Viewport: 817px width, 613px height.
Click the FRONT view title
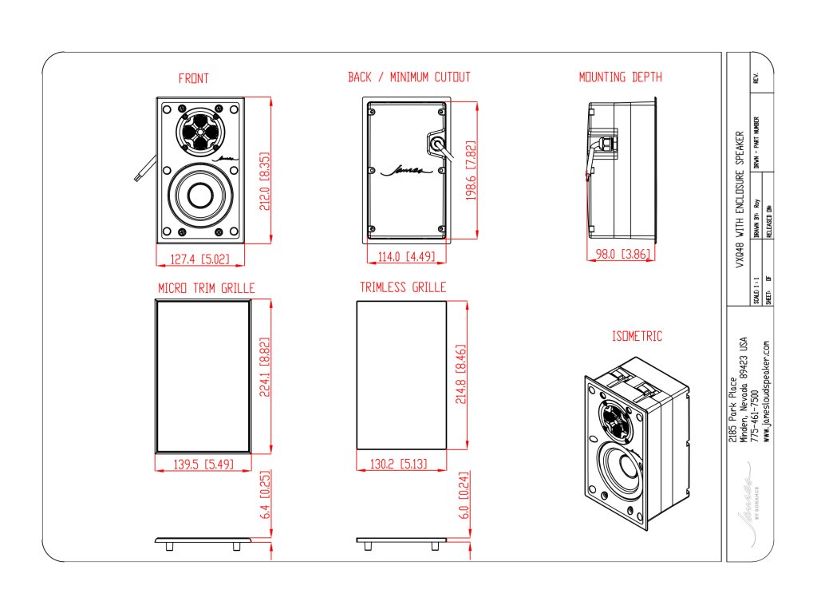193,78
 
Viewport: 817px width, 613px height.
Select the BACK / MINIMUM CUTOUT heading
408,77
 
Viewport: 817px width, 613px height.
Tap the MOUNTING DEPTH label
620,77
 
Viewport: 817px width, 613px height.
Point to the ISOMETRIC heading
637,337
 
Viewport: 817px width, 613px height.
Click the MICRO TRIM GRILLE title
206,287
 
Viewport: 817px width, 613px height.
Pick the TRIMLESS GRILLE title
402,287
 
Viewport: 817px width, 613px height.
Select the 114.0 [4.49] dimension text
405,257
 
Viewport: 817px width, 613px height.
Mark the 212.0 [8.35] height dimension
266,181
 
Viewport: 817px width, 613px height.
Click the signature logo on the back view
406,169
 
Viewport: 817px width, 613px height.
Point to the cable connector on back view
437,144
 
